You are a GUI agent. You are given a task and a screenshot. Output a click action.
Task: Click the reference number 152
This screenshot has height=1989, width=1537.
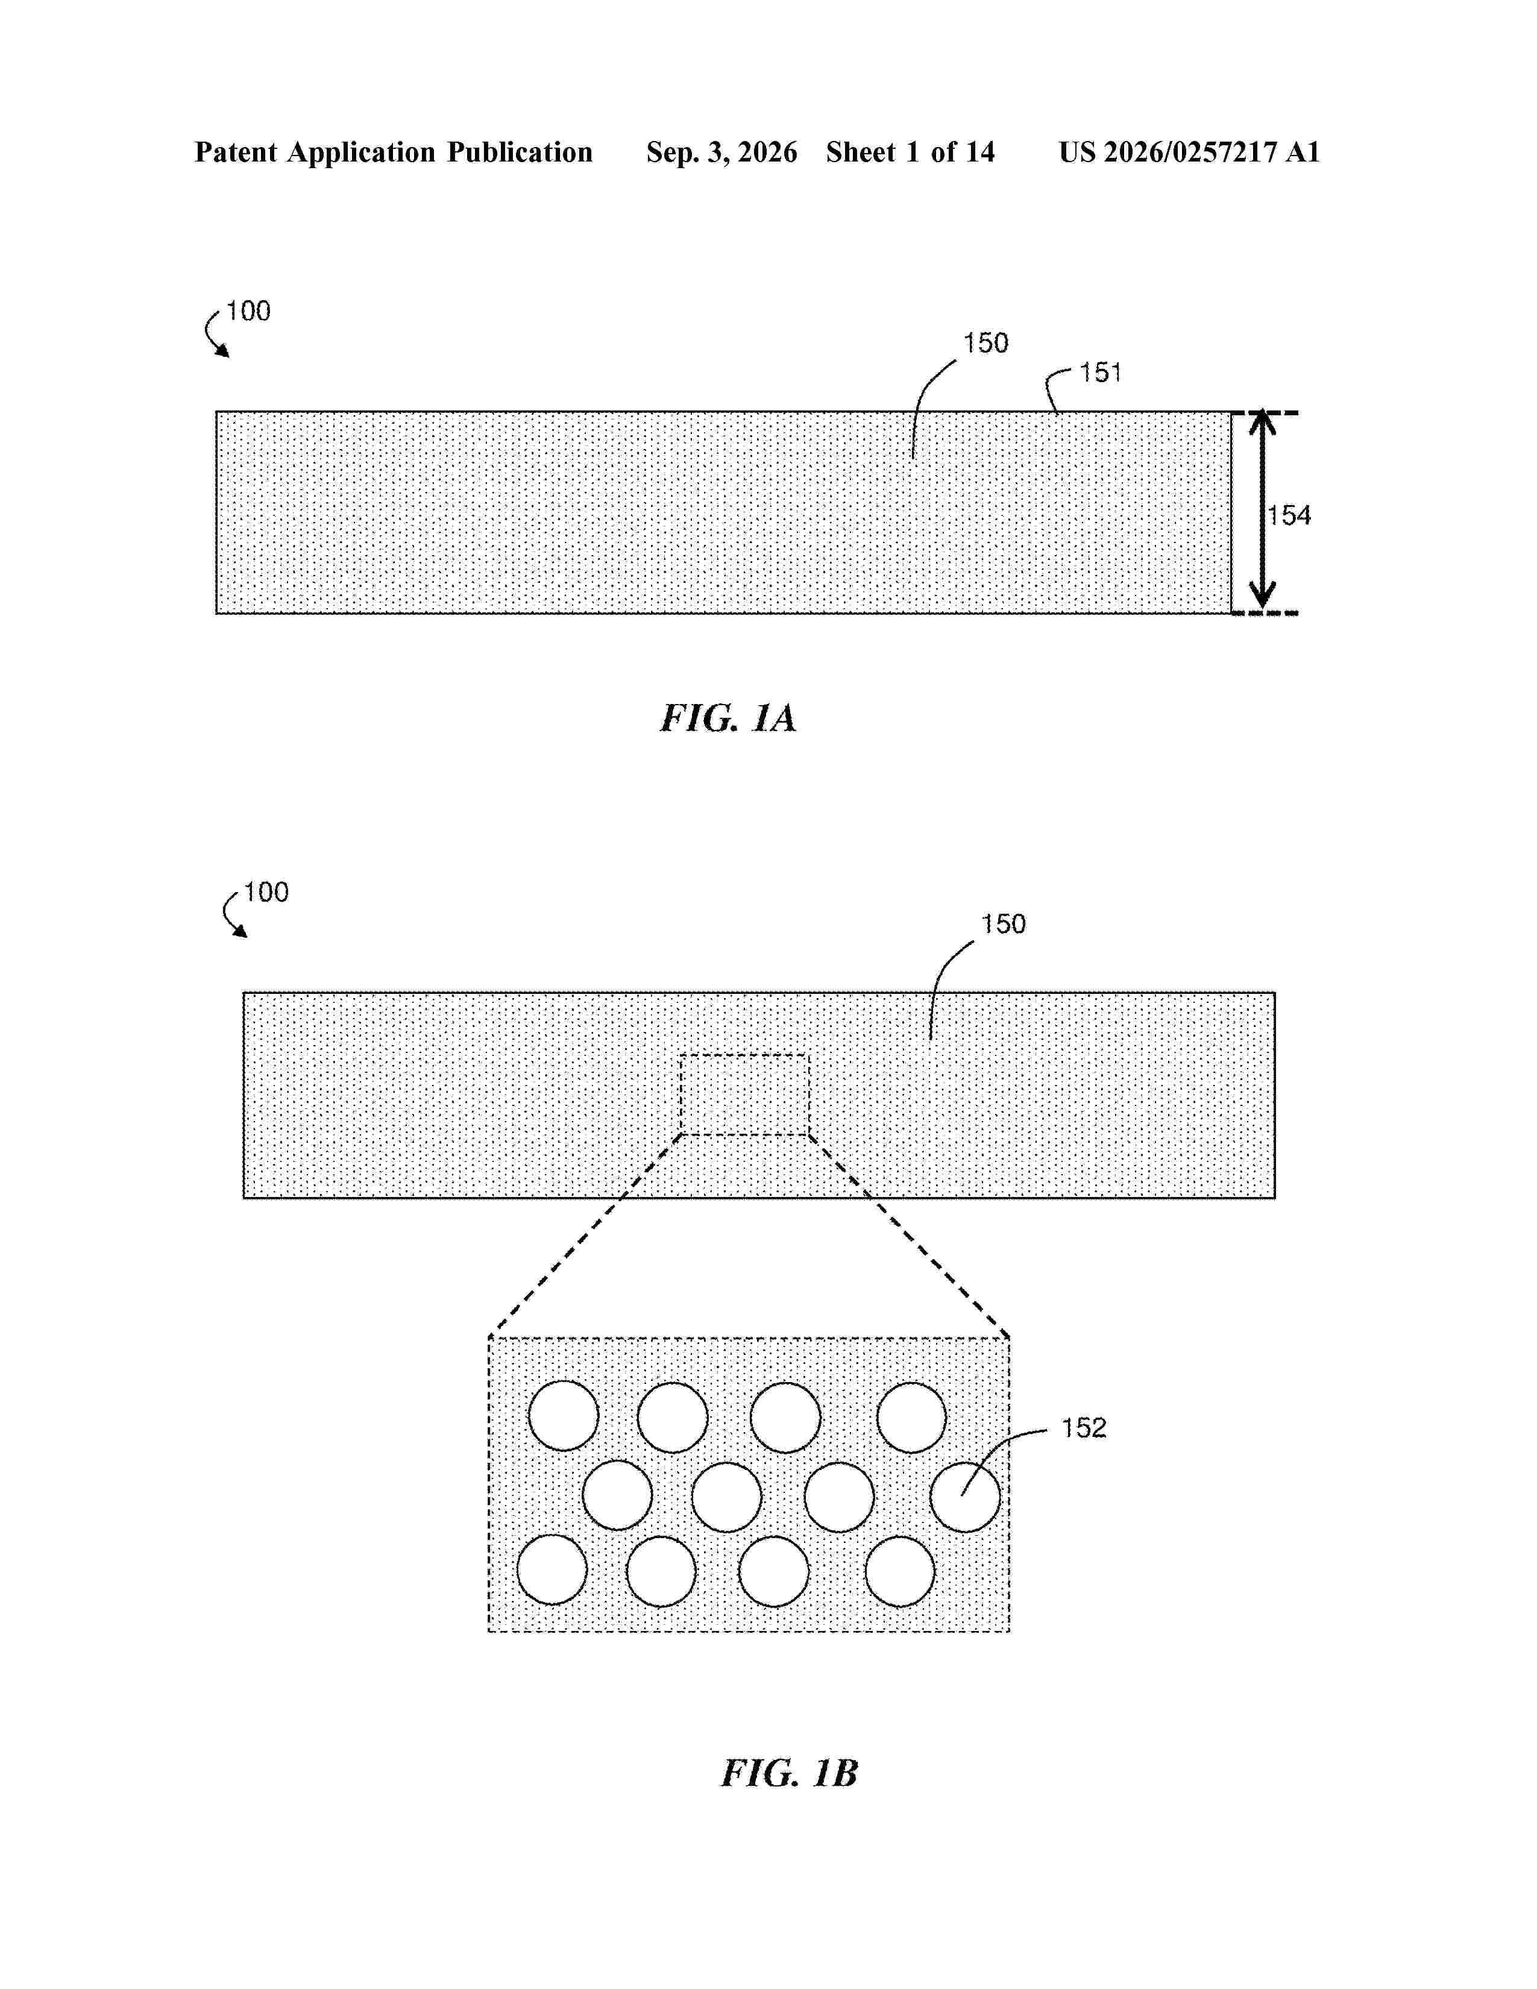(x=1084, y=1427)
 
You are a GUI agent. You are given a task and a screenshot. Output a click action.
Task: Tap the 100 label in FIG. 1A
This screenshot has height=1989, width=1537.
(x=248, y=312)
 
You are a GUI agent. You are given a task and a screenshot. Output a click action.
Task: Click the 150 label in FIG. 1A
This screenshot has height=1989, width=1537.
(x=986, y=344)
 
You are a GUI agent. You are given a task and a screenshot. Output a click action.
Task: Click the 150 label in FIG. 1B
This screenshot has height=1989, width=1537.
(x=1004, y=925)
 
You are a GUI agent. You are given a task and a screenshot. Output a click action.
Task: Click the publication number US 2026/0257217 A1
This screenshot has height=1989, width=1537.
(x=1189, y=152)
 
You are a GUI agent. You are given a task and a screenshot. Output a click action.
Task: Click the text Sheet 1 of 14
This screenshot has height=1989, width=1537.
(x=911, y=152)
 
